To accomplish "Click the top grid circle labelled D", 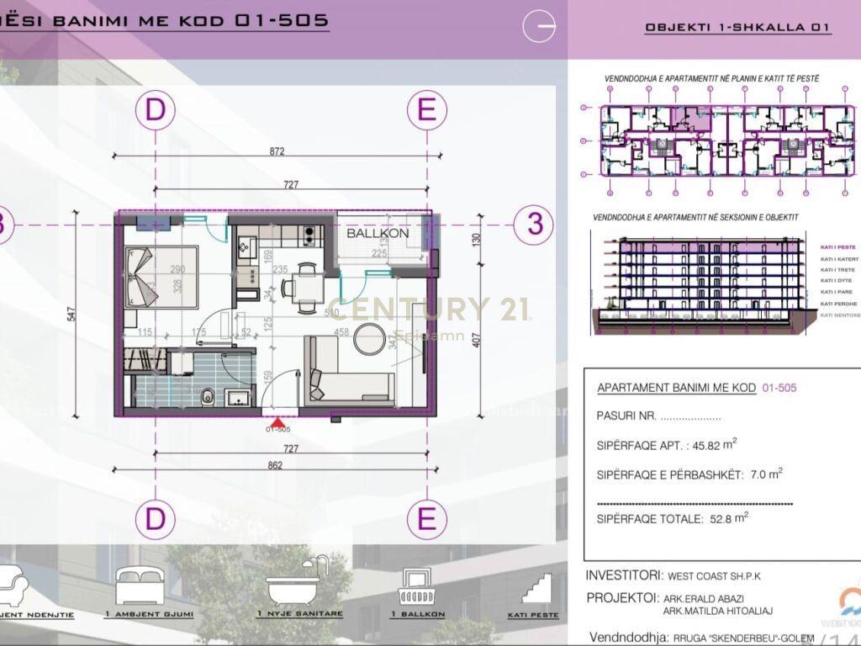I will coord(156,111).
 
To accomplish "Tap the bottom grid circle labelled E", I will coord(427,519).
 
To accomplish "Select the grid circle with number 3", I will coord(533,225).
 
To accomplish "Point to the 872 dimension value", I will coord(277,152).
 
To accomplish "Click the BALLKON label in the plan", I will coord(378,233).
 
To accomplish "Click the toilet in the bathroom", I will coord(207,394).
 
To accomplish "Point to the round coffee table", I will coord(368,340).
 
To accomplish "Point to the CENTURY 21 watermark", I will coord(429,310).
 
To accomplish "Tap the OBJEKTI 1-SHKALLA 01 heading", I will coord(737,27).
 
